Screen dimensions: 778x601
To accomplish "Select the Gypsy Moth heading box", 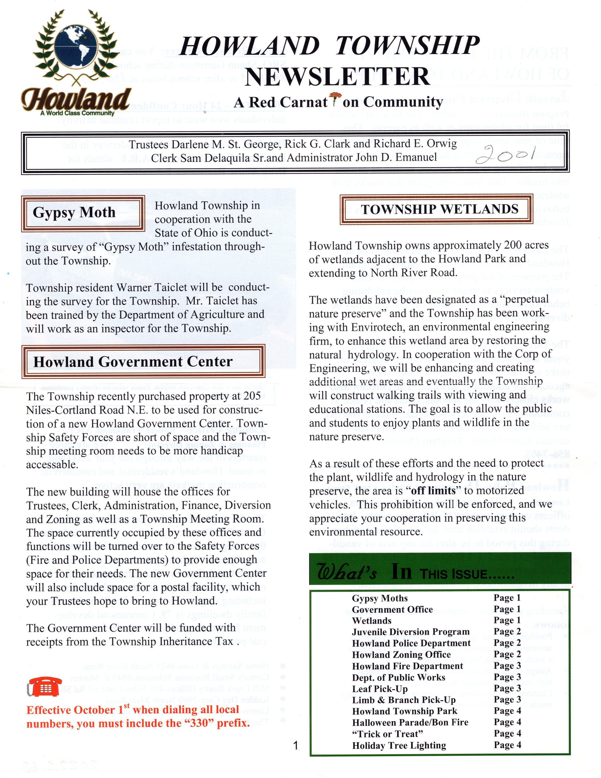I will pyautogui.click(x=83, y=213).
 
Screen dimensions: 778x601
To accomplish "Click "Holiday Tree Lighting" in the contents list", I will pyautogui.click(x=399, y=745).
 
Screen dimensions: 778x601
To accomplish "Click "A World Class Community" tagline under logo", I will pyautogui.click(x=77, y=113).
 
